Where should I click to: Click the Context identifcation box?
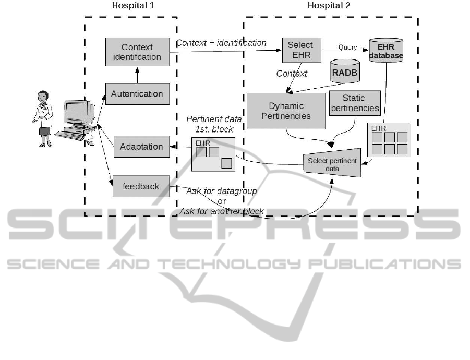tap(137, 52)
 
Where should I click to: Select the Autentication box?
tap(137, 94)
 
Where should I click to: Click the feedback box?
tap(141, 186)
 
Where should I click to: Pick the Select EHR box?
tap(300, 51)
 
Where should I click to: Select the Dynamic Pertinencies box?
tap(286, 111)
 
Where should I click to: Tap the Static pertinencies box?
tap(355, 103)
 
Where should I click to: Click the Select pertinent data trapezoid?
tap(332, 165)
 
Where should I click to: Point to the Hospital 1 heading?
tap(133, 6)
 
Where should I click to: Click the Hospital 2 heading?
tap(329, 6)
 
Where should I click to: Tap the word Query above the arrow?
tap(347, 47)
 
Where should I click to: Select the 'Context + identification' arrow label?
tap(221, 43)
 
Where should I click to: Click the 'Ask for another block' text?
tap(222, 211)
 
